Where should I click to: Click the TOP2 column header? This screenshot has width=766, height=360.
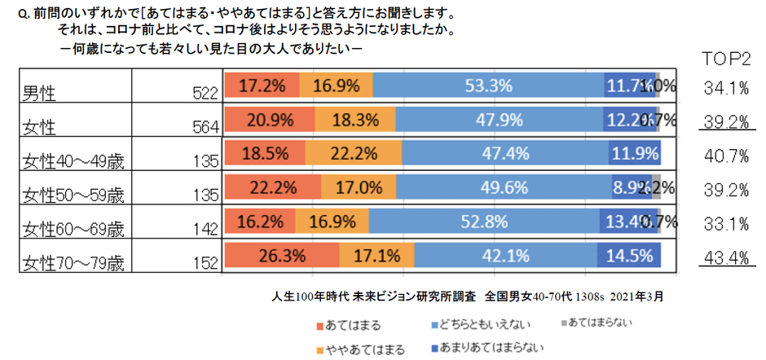726,60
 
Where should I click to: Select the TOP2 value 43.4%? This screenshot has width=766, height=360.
726,257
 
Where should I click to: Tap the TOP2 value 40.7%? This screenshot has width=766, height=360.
726,156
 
